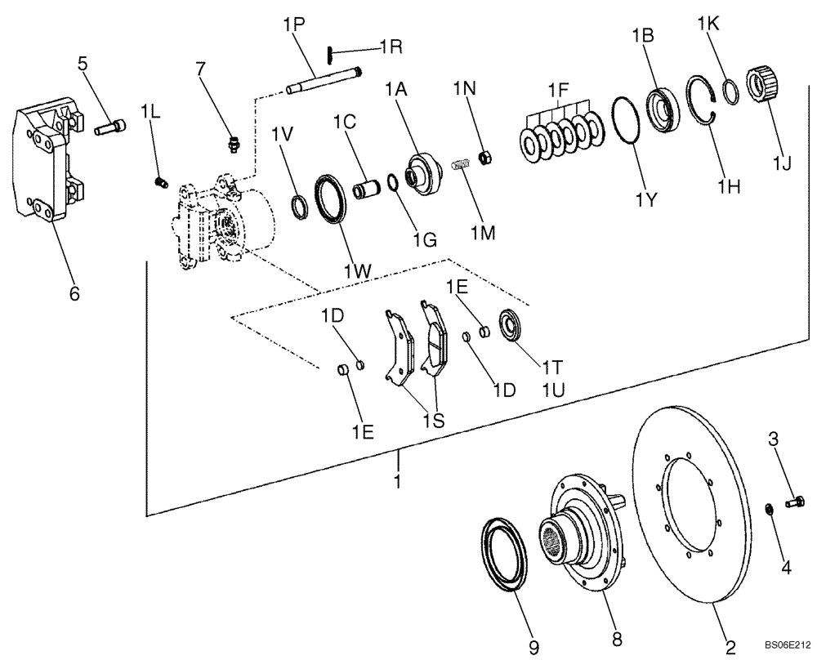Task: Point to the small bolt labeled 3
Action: (x=796, y=501)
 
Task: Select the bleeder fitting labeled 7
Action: (x=233, y=144)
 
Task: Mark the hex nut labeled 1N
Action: (x=484, y=156)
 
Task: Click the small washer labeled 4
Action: (x=770, y=510)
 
